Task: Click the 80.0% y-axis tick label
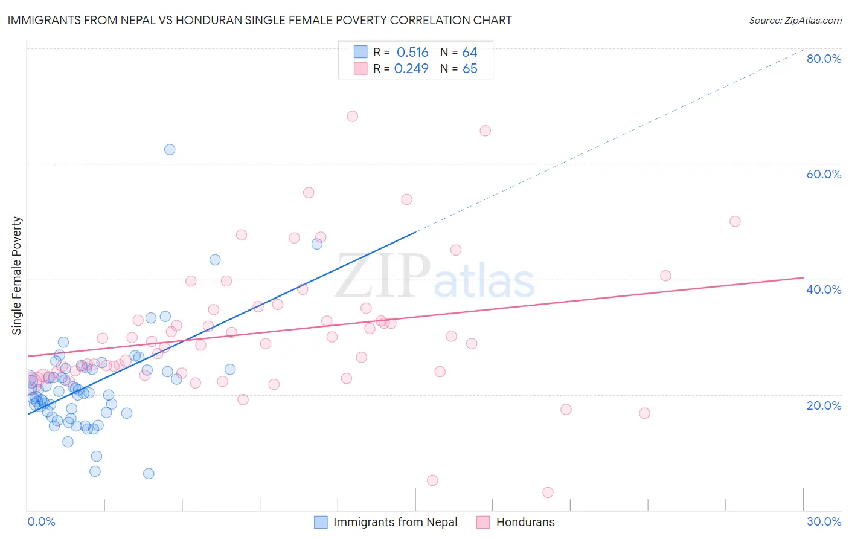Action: [x=824, y=59]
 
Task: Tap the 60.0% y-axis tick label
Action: [x=824, y=174]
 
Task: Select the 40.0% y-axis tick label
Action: [x=824, y=289]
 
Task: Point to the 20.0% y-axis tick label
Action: [x=824, y=405]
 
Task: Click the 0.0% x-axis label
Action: [x=41, y=521]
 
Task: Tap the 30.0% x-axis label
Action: [x=824, y=521]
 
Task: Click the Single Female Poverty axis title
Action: [x=17, y=276]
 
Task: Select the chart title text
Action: [x=260, y=21]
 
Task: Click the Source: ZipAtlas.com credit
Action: [x=795, y=21]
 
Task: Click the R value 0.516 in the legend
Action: [x=412, y=53]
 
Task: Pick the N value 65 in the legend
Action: [x=470, y=69]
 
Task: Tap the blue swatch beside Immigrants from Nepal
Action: [x=321, y=522]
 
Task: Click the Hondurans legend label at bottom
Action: [x=525, y=522]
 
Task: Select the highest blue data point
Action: [x=170, y=149]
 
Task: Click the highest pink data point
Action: [x=353, y=116]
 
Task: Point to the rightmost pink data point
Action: [x=735, y=221]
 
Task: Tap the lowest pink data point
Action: [x=548, y=492]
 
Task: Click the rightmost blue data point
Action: [x=317, y=244]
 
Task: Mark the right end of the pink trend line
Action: [x=803, y=277]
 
